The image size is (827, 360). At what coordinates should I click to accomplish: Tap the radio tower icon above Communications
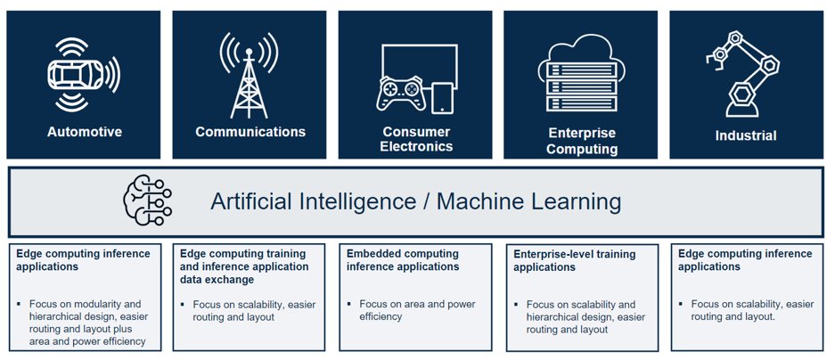click(249, 76)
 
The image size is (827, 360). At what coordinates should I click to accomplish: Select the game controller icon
click(401, 94)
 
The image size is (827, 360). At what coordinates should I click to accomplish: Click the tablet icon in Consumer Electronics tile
click(441, 98)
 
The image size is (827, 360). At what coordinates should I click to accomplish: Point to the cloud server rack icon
click(581, 73)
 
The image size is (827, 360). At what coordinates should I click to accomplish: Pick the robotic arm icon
click(742, 74)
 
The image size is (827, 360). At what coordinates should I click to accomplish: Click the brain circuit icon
click(147, 200)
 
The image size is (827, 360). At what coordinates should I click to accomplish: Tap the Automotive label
click(85, 131)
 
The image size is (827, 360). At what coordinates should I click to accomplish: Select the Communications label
click(250, 131)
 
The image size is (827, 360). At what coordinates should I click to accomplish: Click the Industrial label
click(746, 135)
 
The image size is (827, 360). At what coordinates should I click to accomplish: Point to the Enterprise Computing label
click(582, 141)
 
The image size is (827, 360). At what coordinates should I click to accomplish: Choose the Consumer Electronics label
click(416, 139)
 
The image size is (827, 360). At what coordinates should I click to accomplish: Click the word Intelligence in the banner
click(357, 201)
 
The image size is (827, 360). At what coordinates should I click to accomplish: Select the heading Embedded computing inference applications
click(403, 260)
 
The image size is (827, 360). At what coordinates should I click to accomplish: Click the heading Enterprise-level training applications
click(575, 261)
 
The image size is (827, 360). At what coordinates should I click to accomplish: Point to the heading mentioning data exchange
click(244, 266)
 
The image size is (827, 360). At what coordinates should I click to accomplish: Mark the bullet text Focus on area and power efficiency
click(417, 310)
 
